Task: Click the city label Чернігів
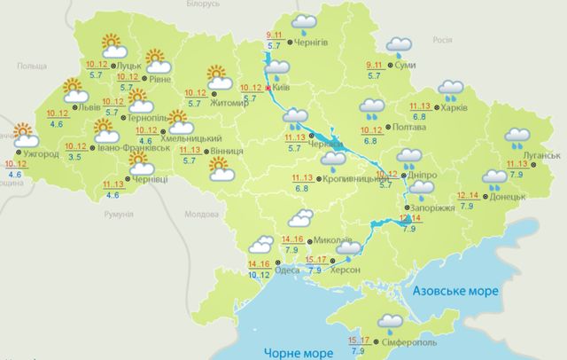pyautogui.click(x=310, y=41)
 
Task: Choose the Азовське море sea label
pyautogui.click(x=455, y=291)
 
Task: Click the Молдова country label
pyautogui.click(x=200, y=215)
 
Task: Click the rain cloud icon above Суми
pyautogui.click(x=398, y=44)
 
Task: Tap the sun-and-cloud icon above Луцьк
pyautogui.click(x=111, y=44)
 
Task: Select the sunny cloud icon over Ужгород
pyautogui.click(x=24, y=137)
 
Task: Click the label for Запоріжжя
pyautogui.click(x=434, y=207)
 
